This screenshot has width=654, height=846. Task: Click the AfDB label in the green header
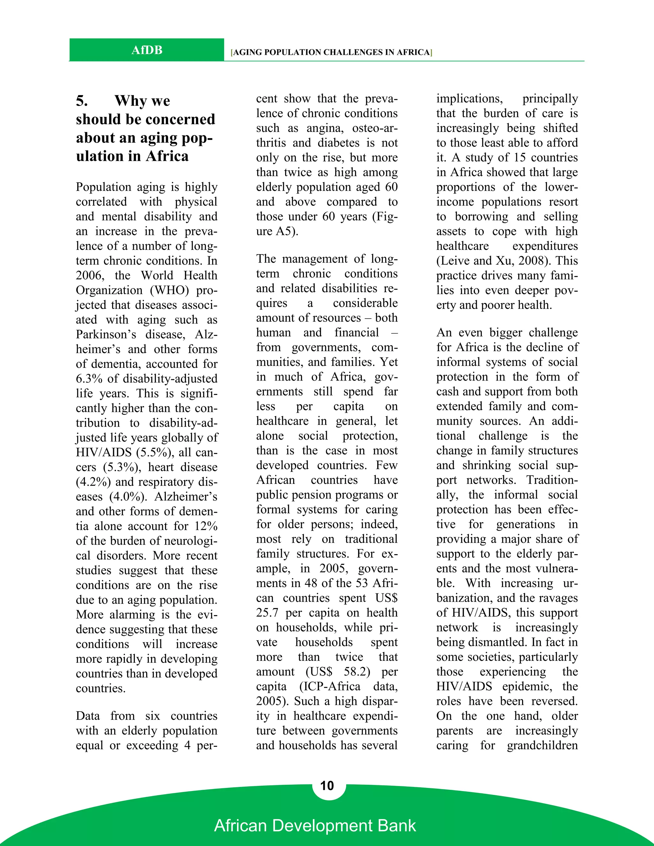(x=147, y=50)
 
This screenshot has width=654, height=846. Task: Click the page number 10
(x=327, y=786)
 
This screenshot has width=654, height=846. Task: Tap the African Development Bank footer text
(x=315, y=826)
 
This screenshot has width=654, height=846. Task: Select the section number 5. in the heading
(x=82, y=101)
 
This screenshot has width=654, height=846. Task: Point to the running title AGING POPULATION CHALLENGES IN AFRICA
(x=331, y=52)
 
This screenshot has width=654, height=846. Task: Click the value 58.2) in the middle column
(x=356, y=671)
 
